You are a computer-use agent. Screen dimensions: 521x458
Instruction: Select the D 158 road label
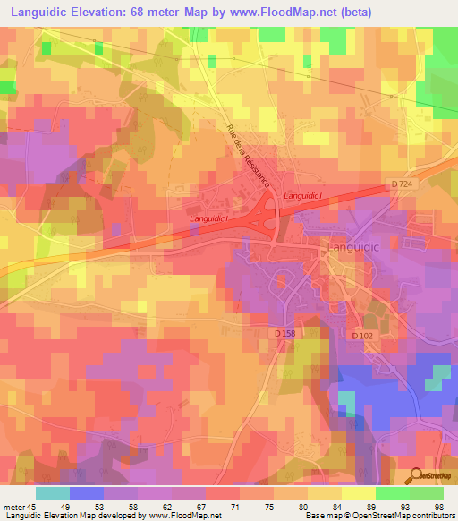pos(285,334)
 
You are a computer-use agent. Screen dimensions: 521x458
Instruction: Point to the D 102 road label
pos(361,335)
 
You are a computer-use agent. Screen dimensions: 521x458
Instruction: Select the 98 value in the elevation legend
pos(437,507)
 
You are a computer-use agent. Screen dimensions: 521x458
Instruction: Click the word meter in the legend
pos(12,507)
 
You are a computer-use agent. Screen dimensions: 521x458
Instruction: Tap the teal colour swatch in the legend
pos(53,493)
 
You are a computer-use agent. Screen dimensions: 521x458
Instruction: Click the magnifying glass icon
pos(415,476)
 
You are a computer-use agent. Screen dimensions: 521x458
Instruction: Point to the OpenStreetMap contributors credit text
pos(411,516)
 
